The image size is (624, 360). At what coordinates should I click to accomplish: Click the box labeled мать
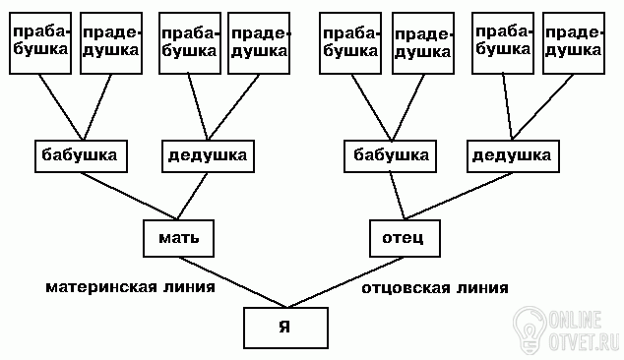178,238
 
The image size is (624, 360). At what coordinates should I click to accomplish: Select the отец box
405,238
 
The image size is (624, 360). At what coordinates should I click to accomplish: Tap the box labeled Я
285,328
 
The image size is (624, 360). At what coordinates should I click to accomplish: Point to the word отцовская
405,288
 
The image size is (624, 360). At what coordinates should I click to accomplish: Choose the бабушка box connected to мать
81,156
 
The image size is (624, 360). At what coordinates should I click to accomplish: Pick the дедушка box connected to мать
208,156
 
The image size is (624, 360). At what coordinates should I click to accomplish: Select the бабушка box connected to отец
390,156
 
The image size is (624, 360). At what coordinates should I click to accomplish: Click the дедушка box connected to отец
513,156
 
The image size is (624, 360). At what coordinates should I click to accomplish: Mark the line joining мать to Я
232,282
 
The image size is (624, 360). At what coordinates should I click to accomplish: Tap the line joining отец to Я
345,282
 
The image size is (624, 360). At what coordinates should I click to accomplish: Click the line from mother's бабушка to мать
129,196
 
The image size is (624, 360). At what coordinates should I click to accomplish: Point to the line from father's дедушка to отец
459,196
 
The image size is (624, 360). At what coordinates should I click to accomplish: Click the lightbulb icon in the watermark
530,330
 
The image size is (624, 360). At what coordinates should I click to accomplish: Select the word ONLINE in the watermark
575,319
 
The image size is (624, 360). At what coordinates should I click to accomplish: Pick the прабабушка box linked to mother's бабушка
40,43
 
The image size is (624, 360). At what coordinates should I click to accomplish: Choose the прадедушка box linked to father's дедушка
574,43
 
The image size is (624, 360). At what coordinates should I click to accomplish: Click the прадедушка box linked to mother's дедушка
259,43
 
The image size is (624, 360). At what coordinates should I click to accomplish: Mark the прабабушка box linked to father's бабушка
350,43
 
